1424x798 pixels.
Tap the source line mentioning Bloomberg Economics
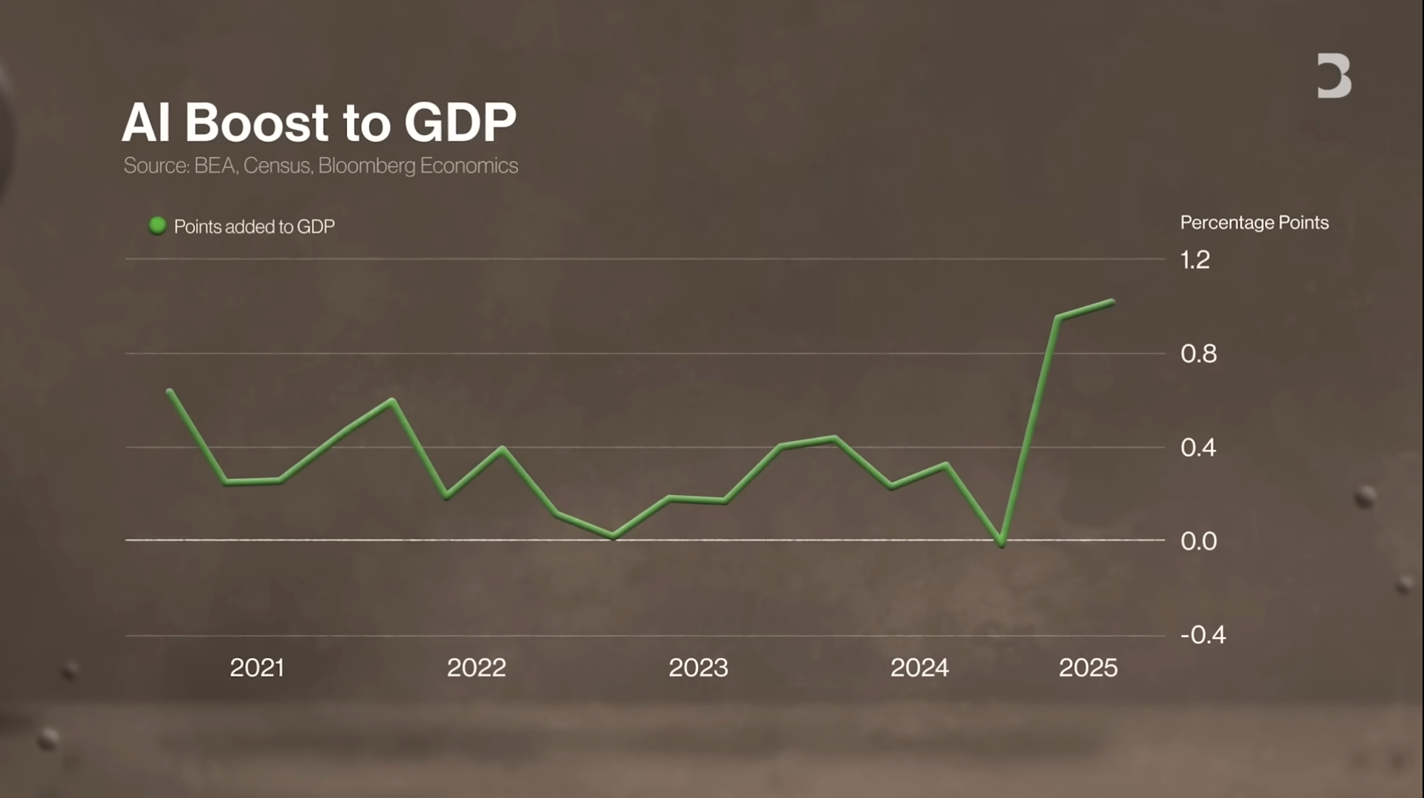pyautogui.click(x=320, y=166)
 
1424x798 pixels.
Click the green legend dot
pyautogui.click(x=157, y=226)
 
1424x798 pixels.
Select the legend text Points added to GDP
pyautogui.click(x=254, y=226)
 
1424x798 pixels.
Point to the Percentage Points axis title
pyautogui.click(x=1254, y=223)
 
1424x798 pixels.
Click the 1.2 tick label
pyautogui.click(x=1195, y=260)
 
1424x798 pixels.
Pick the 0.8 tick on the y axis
pyautogui.click(x=1197, y=354)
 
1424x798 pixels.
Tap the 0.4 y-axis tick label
pyautogui.click(x=1197, y=448)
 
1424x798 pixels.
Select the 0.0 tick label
pyautogui.click(x=1197, y=541)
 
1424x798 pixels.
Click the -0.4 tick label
pyautogui.click(x=1203, y=635)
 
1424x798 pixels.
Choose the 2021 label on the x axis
pyautogui.click(x=257, y=668)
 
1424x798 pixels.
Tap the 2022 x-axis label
pyautogui.click(x=476, y=668)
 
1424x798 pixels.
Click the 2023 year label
pyautogui.click(x=698, y=668)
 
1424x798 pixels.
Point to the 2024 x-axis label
pyautogui.click(x=919, y=668)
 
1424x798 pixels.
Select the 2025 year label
pyautogui.click(x=1088, y=668)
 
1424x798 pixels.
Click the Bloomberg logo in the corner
pyautogui.click(x=1334, y=75)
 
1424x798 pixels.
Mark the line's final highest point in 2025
pyautogui.click(x=1112, y=302)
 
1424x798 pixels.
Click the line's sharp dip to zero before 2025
pyautogui.click(x=1001, y=544)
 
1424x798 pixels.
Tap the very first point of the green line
pyautogui.click(x=170, y=391)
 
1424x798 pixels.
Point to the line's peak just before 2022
pyautogui.click(x=393, y=400)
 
